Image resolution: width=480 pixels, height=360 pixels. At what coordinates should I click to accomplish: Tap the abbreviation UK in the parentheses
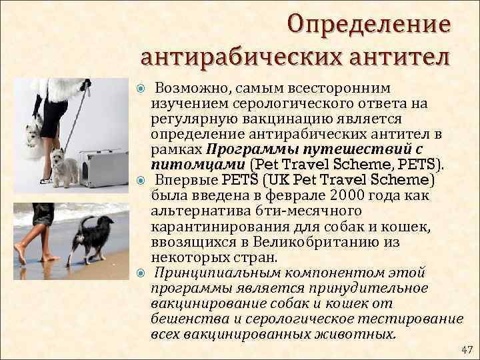(283, 180)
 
